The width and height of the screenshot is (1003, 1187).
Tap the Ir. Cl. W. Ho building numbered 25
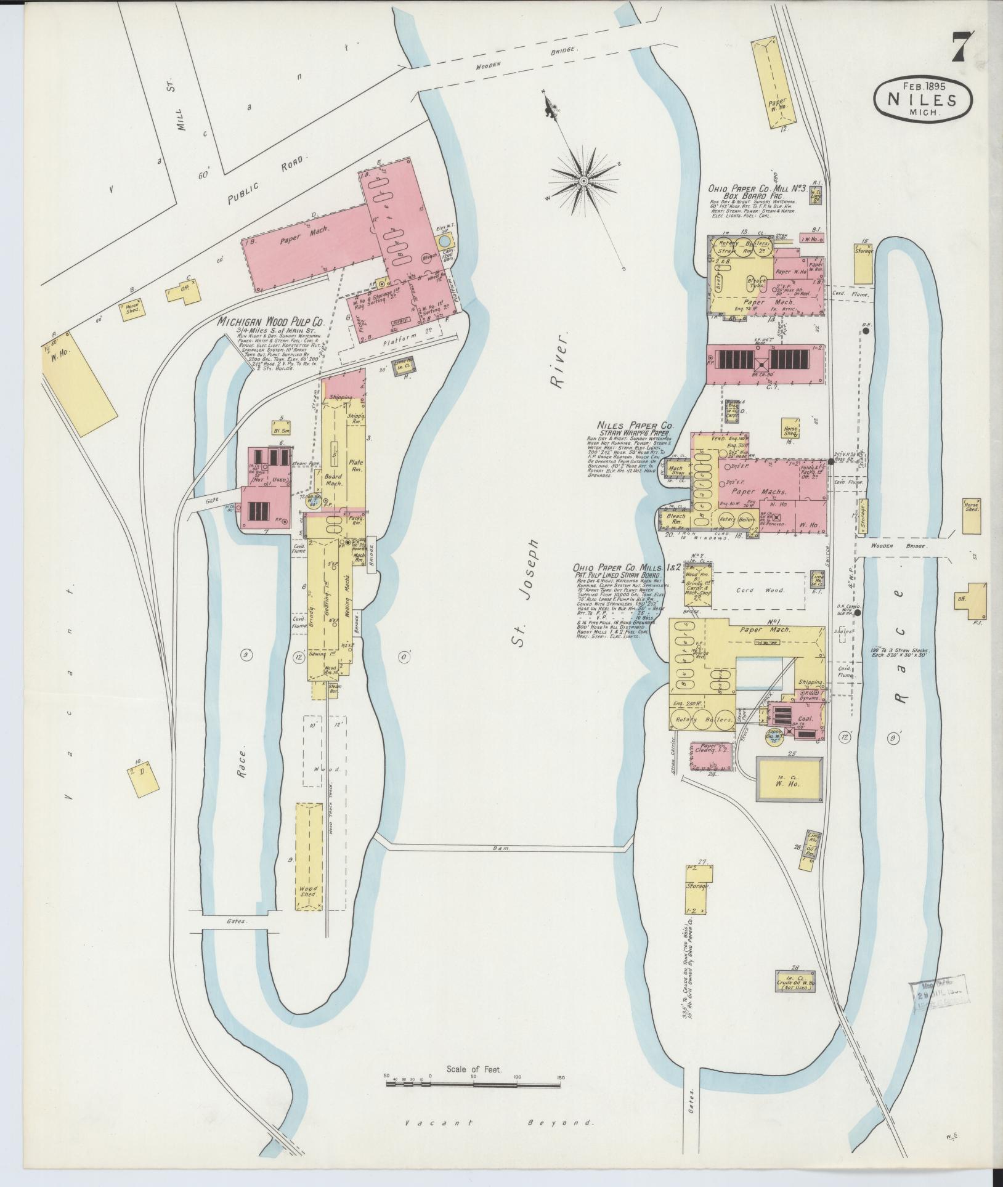pos(789,782)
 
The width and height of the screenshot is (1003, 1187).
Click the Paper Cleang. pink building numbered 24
pos(712,756)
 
